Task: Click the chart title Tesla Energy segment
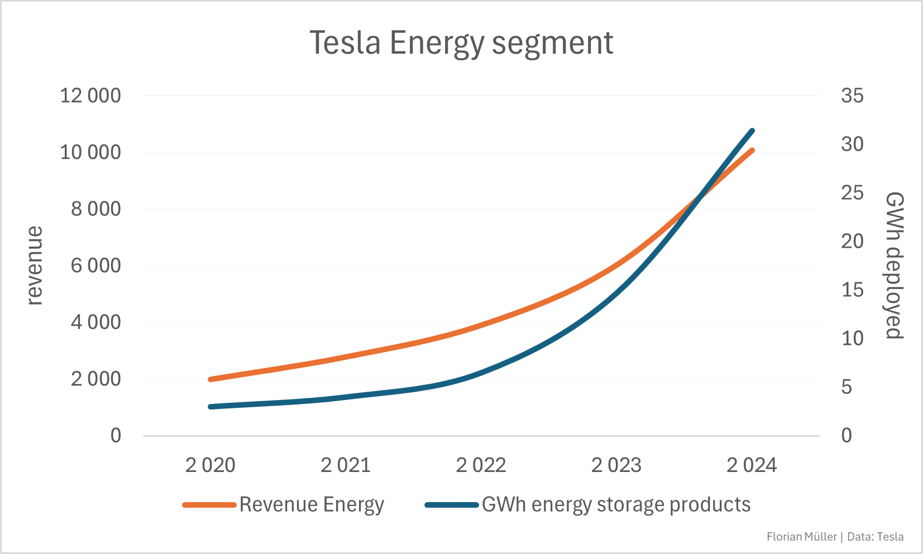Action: (461, 43)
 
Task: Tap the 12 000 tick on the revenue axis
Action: (90, 95)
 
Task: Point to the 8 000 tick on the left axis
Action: (95, 209)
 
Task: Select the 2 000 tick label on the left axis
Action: (95, 379)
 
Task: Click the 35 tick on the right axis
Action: (852, 95)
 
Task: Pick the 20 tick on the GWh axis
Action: (852, 241)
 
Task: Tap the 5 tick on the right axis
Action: (847, 387)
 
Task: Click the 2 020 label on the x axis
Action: (211, 465)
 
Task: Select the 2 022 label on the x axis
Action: (481, 465)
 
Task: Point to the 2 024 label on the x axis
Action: (751, 465)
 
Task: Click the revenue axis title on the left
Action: (35, 266)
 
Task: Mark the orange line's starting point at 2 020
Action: (211, 379)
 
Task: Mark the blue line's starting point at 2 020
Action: (211, 407)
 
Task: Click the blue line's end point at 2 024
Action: (752, 131)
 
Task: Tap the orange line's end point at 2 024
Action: (752, 150)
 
